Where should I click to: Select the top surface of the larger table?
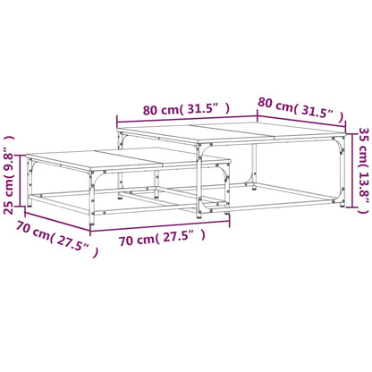click(x=232, y=133)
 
